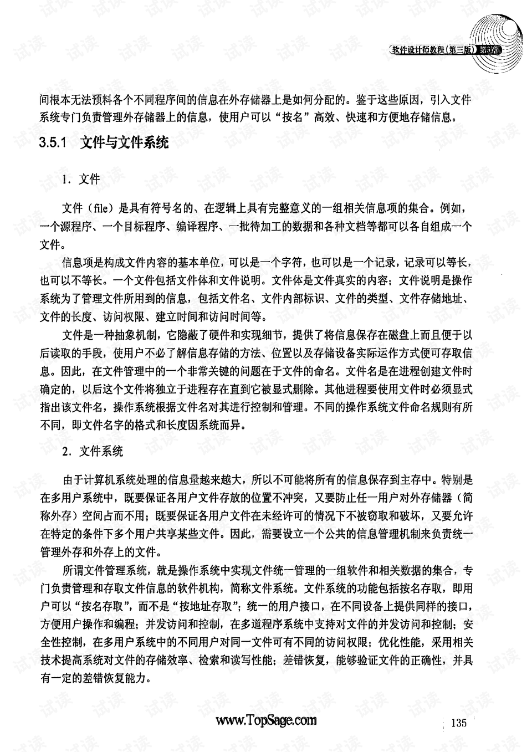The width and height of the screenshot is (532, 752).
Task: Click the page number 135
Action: [x=459, y=723]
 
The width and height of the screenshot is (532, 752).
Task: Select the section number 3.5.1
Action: [x=53, y=142]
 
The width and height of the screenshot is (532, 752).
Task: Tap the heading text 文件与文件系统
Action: [x=124, y=142]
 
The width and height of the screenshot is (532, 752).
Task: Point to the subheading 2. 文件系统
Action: [x=93, y=451]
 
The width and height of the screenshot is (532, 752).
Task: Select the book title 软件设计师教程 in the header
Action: [x=418, y=49]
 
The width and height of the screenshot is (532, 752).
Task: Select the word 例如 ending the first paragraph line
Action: [x=453, y=208]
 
